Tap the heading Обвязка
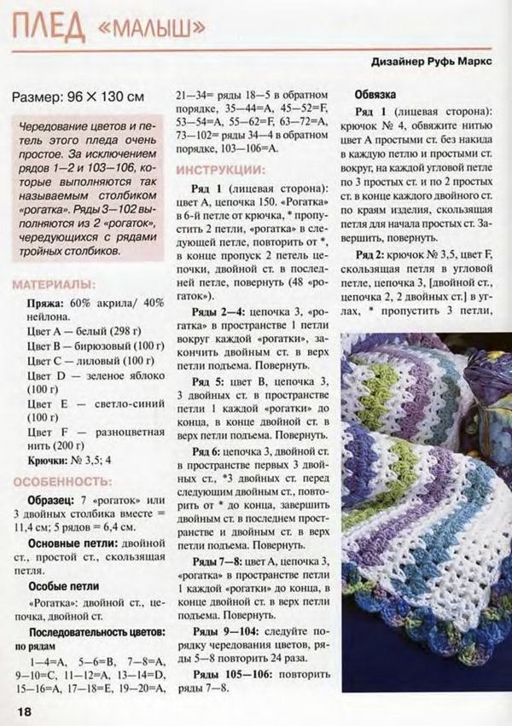(375, 95)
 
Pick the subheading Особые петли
(57, 587)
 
